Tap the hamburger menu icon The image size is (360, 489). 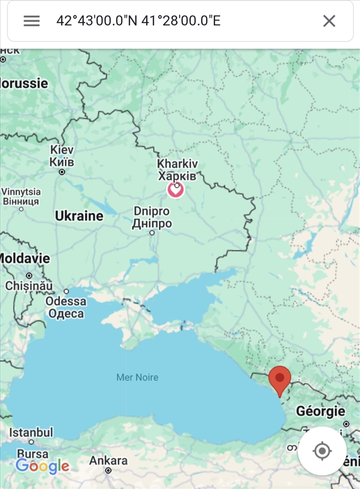[32, 21]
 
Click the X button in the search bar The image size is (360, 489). [329, 21]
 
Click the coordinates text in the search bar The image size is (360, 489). [138, 21]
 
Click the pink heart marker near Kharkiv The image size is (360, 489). [175, 189]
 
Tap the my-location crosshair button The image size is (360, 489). [321, 451]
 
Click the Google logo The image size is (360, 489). [42, 466]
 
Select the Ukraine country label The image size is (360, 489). [79, 216]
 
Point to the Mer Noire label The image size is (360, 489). [138, 377]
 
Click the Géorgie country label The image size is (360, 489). [320, 411]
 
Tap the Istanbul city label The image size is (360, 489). [31, 432]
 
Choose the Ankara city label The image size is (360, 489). [108, 460]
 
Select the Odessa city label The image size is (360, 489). [66, 307]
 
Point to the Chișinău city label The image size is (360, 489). [29, 285]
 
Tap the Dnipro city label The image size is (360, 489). [152, 218]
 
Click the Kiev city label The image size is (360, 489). [62, 156]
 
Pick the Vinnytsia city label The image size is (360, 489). [21, 196]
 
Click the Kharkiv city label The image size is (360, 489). [177, 170]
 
